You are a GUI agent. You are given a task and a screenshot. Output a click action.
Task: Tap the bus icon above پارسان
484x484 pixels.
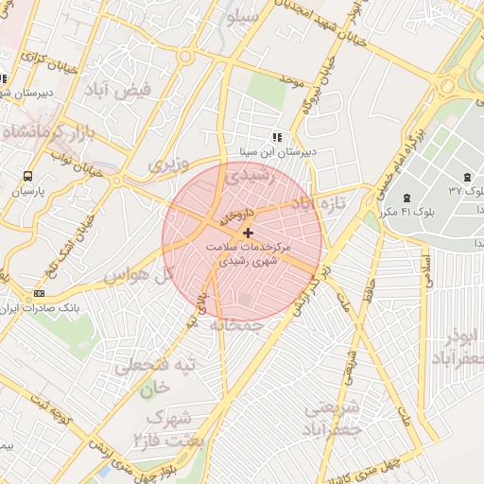[x=26, y=176]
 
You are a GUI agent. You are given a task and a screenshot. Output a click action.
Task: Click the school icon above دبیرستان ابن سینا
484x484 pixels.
[x=276, y=136]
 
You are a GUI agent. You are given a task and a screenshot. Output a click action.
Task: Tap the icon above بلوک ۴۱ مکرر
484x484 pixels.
[x=406, y=197]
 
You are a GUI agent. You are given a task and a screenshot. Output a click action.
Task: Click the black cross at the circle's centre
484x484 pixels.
[x=248, y=232]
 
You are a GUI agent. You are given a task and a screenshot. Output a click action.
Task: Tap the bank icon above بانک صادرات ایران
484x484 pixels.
[x=39, y=293]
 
